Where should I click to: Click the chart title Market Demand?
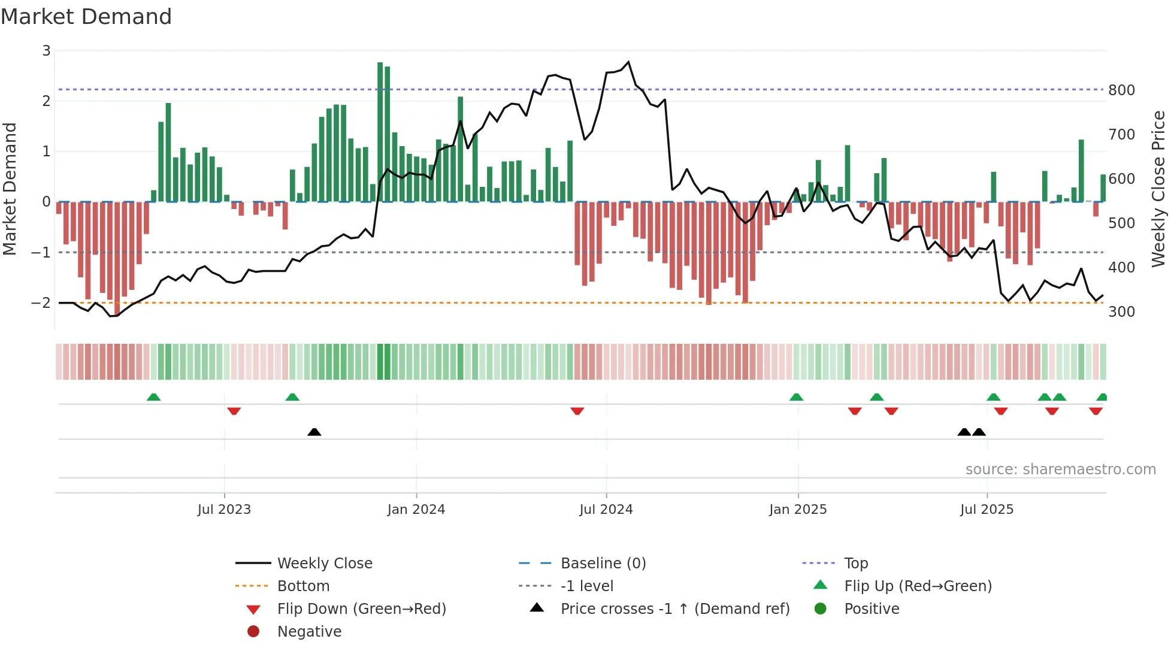86,17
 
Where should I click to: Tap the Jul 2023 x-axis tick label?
224,510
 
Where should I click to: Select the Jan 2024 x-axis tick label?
416,510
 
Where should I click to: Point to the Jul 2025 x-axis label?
987,510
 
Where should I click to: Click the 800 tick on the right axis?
1121,90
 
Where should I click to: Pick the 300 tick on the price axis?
1121,312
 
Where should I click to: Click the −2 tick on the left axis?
41,303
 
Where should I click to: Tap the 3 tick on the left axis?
46,51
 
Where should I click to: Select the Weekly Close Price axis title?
1158,189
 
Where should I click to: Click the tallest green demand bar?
380,132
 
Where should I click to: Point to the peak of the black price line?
628,62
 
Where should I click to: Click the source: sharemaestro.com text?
1060,470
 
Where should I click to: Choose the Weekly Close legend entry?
324,564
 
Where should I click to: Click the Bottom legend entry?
303,586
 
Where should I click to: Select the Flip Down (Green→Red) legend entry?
361,609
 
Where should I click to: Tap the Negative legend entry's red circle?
253,632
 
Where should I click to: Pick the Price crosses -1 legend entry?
674,609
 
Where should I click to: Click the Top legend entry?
856,564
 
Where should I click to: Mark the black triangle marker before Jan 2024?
314,432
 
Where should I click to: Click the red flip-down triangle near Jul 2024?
577,411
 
